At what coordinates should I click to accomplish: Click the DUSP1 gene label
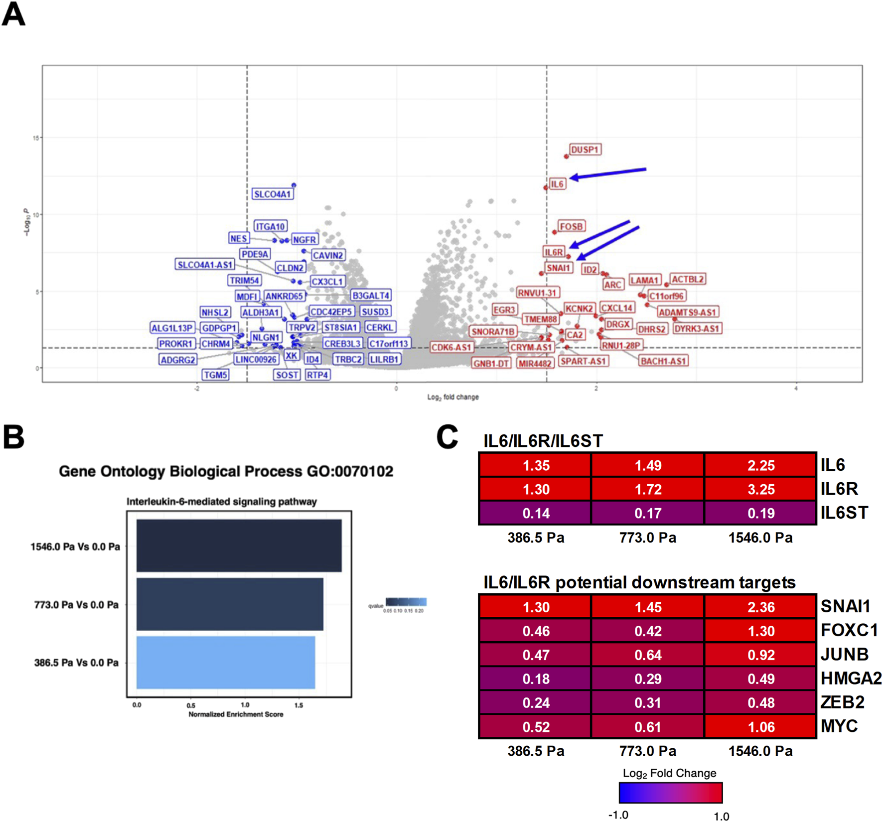585,149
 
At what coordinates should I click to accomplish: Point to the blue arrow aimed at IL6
608,173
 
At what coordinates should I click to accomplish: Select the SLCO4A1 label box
272,194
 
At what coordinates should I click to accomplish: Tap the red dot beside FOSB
555,232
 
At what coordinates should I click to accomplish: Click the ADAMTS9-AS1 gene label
687,312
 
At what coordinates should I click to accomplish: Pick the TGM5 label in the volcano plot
215,375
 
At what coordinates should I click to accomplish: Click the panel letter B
13,437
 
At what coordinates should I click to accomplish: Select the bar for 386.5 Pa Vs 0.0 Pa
226,662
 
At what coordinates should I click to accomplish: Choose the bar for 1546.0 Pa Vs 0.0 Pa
239,546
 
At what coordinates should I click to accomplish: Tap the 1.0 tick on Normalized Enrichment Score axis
245,704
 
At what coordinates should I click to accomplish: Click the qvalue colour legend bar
406,602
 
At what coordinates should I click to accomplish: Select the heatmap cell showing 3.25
760,489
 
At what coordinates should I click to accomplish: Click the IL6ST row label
844,513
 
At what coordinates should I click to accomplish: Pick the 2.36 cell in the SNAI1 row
760,607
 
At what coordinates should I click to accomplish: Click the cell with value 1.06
760,727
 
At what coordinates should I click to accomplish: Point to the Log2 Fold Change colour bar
670,792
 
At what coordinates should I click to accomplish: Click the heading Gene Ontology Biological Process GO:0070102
226,471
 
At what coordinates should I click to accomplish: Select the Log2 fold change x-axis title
452,397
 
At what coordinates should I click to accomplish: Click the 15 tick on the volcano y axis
35,138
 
